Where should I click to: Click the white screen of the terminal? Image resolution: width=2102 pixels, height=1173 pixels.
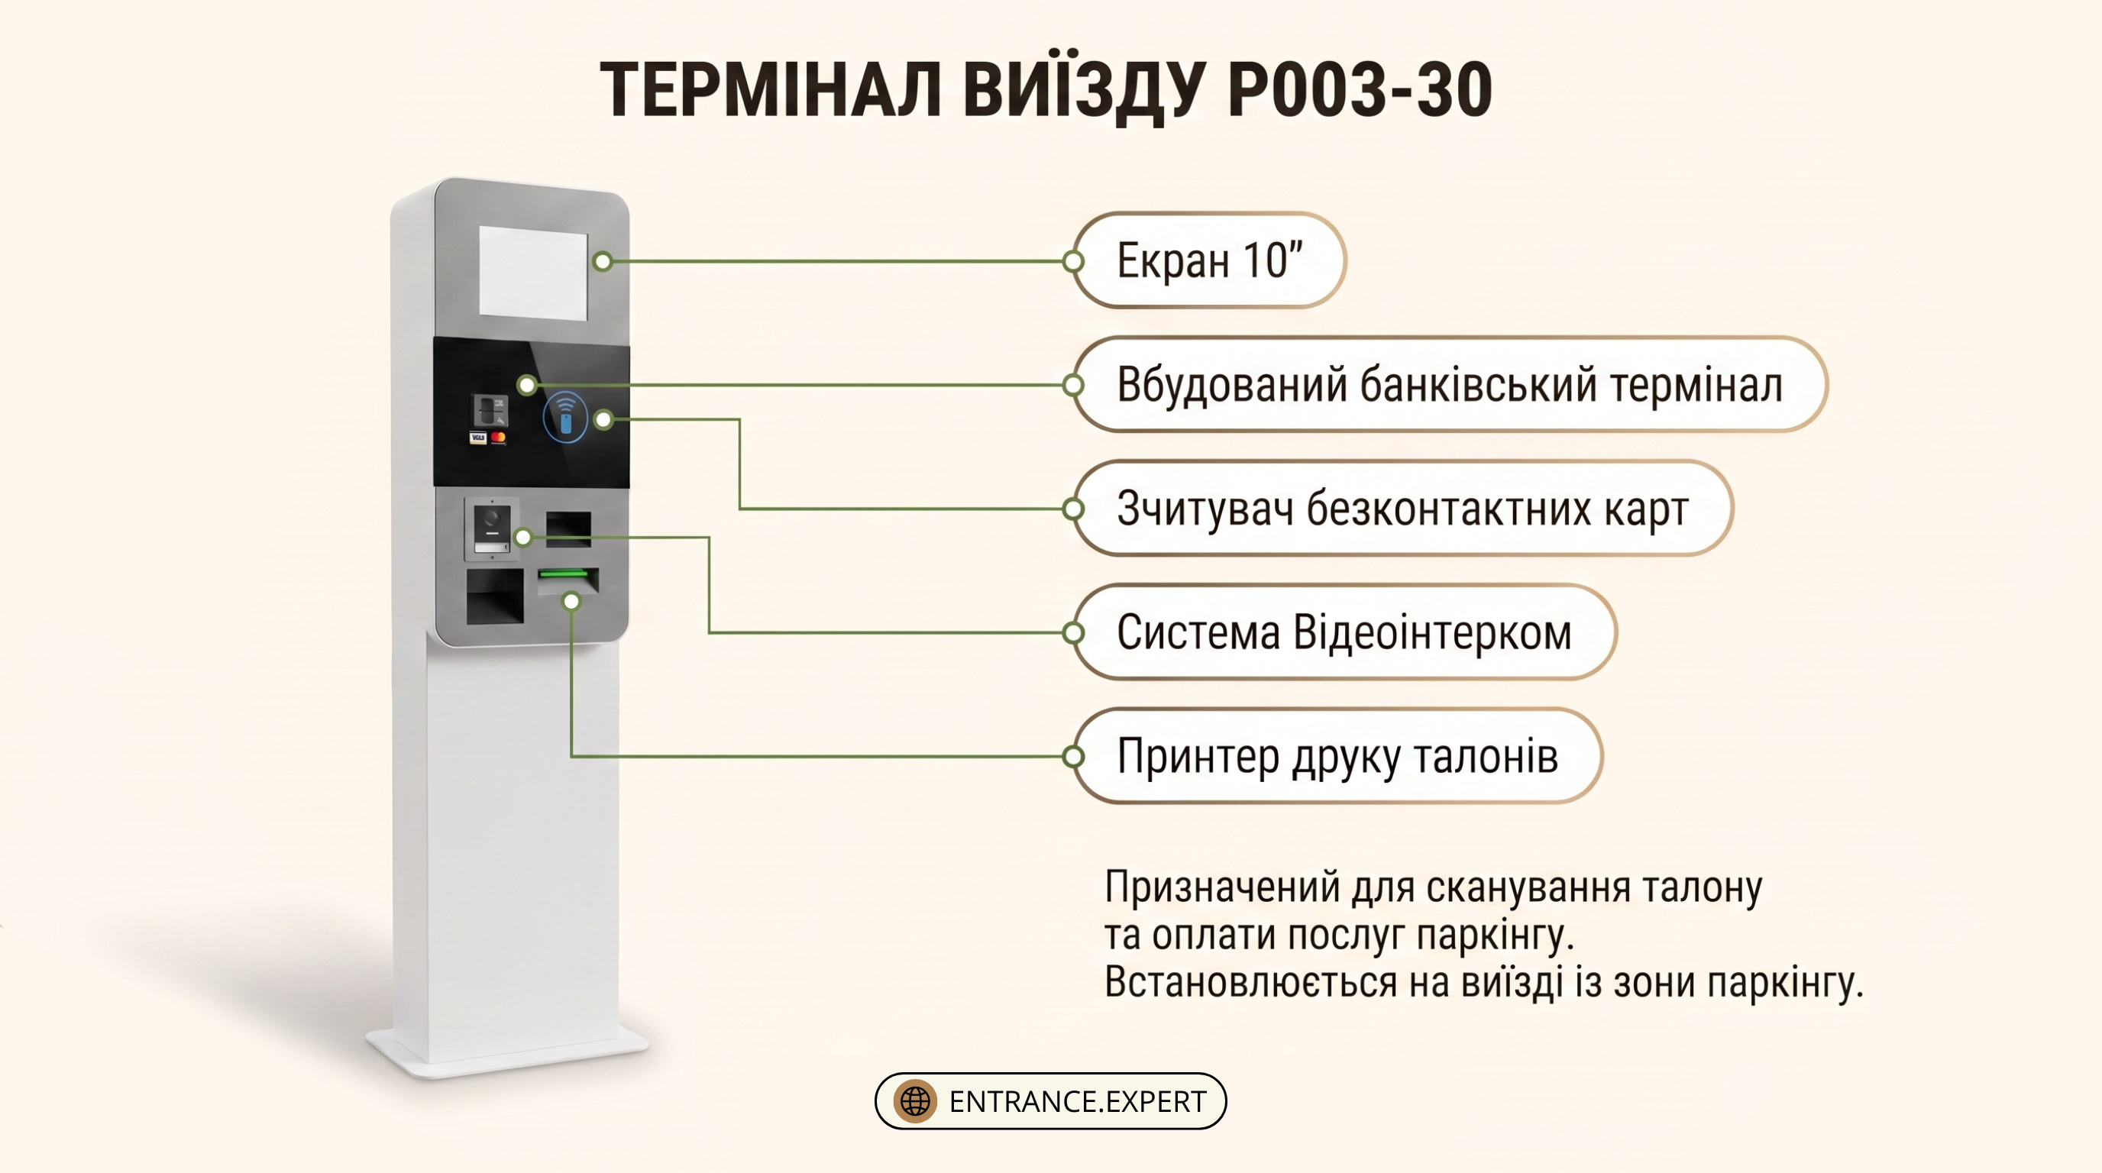[x=533, y=272]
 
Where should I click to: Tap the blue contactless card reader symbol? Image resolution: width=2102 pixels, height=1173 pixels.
[x=565, y=418]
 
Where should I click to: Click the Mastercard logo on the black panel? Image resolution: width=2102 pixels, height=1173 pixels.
[x=498, y=438]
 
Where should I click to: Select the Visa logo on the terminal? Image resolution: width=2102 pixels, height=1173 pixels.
[x=478, y=438]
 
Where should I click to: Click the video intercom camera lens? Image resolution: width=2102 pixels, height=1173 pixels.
[x=492, y=517]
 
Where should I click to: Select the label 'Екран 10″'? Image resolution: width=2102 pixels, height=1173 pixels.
[x=1209, y=260]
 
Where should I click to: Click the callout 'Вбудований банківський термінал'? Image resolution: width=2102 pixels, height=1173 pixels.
[x=1449, y=384]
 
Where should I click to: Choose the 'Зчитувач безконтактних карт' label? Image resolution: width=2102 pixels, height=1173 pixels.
[x=1402, y=508]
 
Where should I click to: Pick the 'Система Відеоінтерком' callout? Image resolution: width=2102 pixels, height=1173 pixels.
[x=1344, y=632]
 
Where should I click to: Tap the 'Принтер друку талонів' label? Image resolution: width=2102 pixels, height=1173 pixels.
[x=1337, y=756]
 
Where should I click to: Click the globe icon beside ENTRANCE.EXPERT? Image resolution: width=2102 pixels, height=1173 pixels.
[x=915, y=1101]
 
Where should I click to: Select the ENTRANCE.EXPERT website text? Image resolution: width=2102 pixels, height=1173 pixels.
[x=1077, y=1102]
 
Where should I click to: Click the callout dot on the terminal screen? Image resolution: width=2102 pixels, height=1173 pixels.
[x=603, y=261]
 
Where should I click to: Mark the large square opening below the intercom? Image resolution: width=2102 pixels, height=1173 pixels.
[x=494, y=596]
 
